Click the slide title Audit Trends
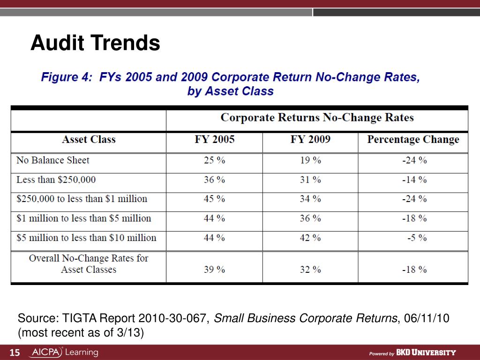tap(95, 44)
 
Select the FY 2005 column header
tap(214, 140)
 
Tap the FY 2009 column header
tap(310, 140)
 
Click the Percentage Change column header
tap(413, 140)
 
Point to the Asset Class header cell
tap(89, 140)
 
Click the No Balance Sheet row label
tap(52, 160)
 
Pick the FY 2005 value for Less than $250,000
tap(214, 180)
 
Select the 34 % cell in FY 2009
tap(310, 199)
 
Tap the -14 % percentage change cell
tap(414, 180)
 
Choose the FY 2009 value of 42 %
tap(310, 238)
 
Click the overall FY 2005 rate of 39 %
tap(214, 270)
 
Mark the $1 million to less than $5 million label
tap(83, 218)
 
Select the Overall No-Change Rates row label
tap(89, 263)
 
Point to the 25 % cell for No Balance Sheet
tap(214, 160)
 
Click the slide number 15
tap(15, 352)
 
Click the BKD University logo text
tap(426, 352)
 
